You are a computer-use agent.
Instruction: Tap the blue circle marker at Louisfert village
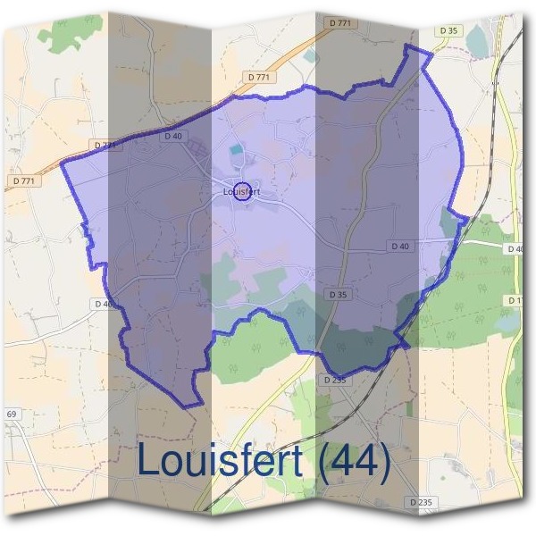[x=241, y=190]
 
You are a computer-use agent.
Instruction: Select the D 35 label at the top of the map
[x=448, y=30]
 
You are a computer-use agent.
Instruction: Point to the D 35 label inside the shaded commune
[x=337, y=293]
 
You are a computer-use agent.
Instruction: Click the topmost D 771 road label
[x=339, y=21]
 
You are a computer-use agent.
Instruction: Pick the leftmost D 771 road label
[x=25, y=180]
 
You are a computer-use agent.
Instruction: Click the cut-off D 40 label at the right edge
[x=515, y=248]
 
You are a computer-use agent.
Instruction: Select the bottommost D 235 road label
[x=421, y=503]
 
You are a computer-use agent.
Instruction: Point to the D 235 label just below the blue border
[x=333, y=380]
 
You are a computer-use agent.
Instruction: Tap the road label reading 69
[x=12, y=415]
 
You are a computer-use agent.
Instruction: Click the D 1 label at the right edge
[x=515, y=301]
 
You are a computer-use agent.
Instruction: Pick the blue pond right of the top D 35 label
[x=477, y=40]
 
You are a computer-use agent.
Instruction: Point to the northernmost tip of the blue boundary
[x=411, y=46]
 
